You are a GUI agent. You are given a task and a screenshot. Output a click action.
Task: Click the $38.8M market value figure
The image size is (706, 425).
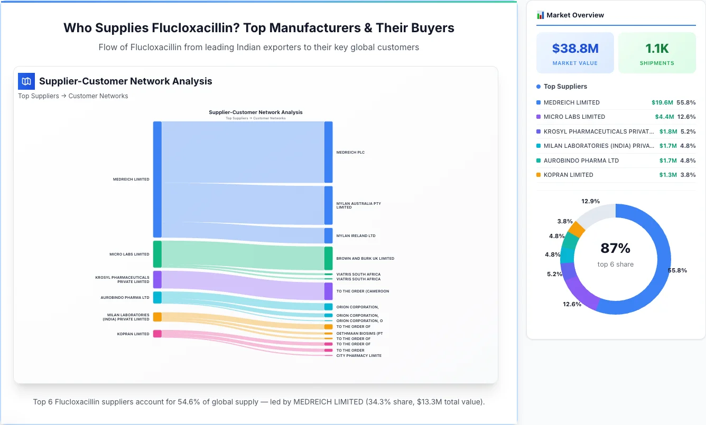pos(575,49)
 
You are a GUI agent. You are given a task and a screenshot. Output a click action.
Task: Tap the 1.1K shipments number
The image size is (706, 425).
pos(657,49)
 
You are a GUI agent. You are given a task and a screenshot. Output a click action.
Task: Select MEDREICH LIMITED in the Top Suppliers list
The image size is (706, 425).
pos(571,102)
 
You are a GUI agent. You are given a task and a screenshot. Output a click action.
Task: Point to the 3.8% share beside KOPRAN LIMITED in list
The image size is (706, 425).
pos(688,175)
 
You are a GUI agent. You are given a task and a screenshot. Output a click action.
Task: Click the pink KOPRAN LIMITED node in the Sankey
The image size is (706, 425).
pos(157,334)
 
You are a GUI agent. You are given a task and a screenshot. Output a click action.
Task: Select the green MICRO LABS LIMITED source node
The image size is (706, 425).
pos(157,254)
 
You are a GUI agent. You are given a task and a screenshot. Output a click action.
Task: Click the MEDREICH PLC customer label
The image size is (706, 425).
pos(350,153)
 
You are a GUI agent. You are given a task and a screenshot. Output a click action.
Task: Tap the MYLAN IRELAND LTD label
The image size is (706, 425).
pos(356,236)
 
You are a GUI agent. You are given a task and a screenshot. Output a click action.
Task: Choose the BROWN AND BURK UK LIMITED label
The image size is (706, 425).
pos(365,259)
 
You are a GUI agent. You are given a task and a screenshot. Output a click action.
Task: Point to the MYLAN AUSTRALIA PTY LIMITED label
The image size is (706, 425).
pos(358,205)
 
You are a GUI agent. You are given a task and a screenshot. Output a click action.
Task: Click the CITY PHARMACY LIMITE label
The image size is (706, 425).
pos(359,356)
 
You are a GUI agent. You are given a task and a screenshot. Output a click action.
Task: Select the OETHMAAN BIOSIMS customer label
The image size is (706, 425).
pos(359,333)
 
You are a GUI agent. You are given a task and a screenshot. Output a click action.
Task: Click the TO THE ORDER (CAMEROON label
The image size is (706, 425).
pos(363,291)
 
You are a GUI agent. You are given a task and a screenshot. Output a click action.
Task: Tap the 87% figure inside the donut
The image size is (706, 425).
pos(615,248)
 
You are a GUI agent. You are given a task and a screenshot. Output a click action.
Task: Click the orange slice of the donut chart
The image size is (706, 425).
pos(577,229)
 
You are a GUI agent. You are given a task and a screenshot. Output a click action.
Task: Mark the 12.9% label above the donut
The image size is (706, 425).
pos(590,201)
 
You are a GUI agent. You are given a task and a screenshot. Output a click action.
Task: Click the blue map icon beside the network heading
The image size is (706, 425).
pos(26,81)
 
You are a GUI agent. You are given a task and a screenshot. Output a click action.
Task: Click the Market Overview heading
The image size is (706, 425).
pos(574,15)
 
